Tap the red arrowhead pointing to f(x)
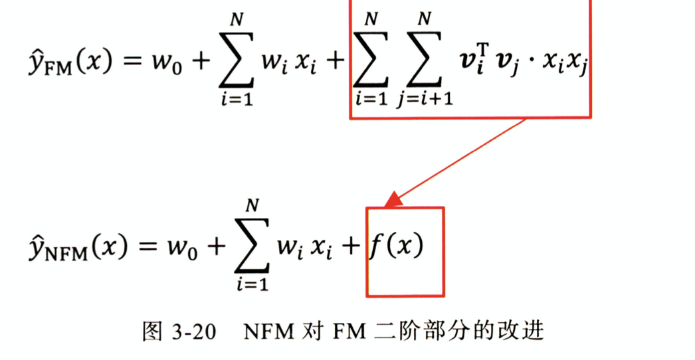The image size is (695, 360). tap(391, 199)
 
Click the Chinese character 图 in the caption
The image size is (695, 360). tap(152, 331)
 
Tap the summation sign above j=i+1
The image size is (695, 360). tap(423, 62)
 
